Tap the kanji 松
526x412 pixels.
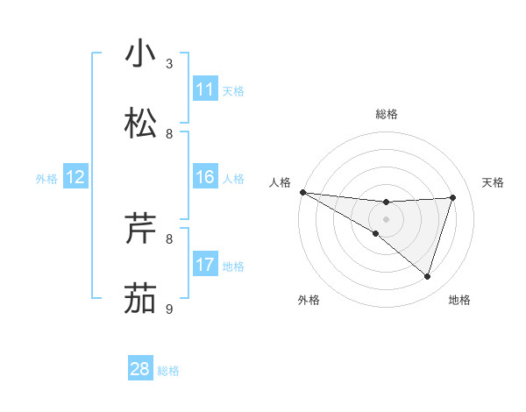[140, 124]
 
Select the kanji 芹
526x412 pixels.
[140, 229]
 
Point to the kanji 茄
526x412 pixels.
[140, 298]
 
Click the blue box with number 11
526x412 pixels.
[205, 89]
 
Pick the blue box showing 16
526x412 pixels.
[205, 177]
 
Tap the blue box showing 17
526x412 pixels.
[205, 265]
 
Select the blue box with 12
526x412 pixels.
[75, 177]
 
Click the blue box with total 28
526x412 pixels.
[140, 369]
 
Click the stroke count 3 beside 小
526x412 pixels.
[169, 64]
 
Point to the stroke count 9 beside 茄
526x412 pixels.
[169, 309]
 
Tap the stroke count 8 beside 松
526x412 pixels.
[169, 134]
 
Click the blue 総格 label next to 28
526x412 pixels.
[168, 371]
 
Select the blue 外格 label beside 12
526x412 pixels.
[46, 179]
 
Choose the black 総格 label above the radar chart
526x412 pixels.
[386, 114]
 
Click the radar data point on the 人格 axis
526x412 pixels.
[302, 192]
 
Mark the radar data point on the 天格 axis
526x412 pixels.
[453, 197]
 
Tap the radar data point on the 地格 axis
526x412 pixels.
[428, 277]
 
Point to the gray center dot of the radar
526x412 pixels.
[386, 219]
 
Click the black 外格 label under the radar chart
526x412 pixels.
[309, 300]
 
